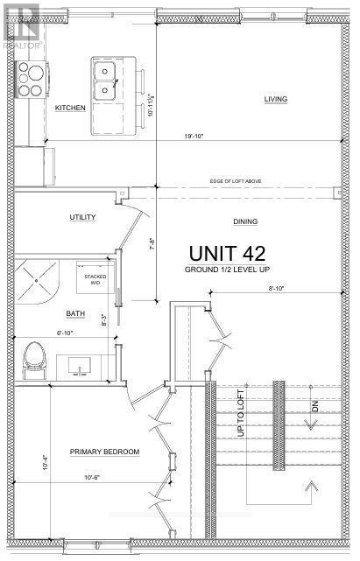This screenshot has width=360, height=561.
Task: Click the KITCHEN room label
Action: click(x=69, y=108)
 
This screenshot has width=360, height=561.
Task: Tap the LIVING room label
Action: click(x=276, y=100)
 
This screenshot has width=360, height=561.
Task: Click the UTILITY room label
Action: click(x=82, y=217)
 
